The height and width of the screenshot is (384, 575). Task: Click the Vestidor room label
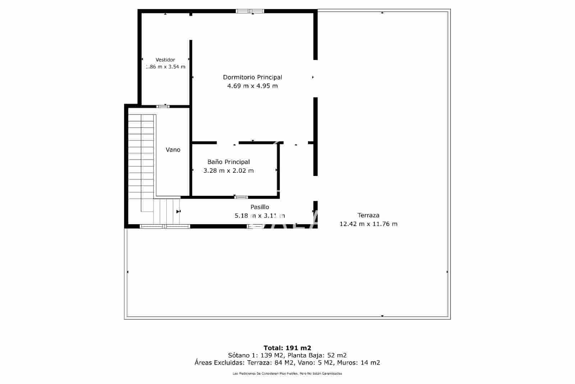click(165, 60)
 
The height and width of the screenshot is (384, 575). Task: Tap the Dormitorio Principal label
click(252, 77)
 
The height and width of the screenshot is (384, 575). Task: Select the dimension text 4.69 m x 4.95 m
click(252, 86)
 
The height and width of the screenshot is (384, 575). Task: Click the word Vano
click(173, 150)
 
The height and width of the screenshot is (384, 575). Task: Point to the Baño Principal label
click(229, 162)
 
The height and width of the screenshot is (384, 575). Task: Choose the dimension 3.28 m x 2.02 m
click(229, 171)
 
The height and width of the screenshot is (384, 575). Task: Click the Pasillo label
click(259, 207)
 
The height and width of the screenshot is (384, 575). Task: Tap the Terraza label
click(368, 215)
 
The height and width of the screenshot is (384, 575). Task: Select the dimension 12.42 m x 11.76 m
click(368, 224)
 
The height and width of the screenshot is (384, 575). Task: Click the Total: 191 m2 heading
click(287, 348)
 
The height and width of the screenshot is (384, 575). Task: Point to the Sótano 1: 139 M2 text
click(253, 355)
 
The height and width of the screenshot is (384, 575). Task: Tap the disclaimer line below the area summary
click(287, 374)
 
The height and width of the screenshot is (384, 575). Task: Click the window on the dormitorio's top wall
click(250, 11)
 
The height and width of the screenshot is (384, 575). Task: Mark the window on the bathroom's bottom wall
click(241, 197)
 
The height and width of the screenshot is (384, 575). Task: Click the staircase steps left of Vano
click(141, 155)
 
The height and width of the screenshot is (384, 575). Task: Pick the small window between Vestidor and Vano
click(163, 106)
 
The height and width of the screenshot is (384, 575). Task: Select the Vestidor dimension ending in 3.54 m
click(166, 67)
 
